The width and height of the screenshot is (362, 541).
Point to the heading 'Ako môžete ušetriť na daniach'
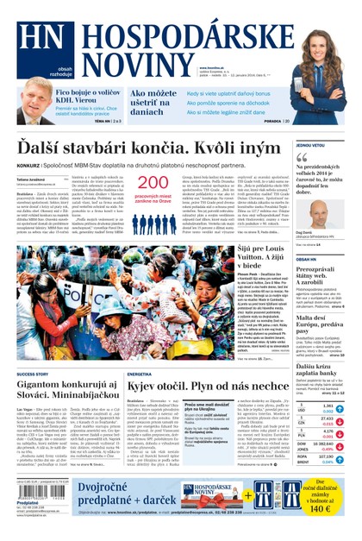click(153, 102)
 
